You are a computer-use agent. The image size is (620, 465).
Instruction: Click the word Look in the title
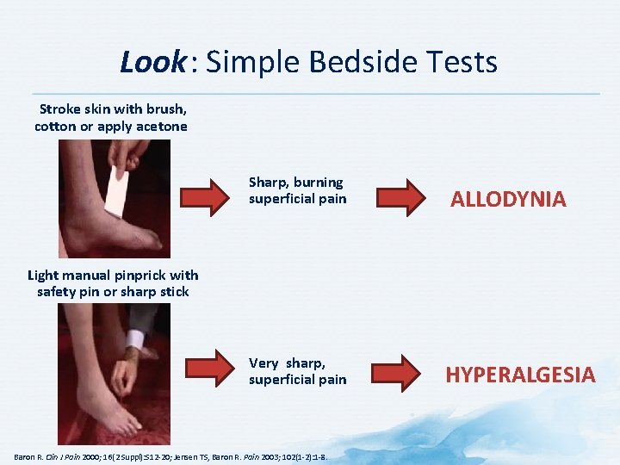click(152, 62)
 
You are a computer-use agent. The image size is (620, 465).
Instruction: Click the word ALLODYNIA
click(508, 200)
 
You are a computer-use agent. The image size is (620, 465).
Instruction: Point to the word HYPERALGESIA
click(520, 375)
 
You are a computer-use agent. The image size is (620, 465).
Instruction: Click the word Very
click(263, 363)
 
